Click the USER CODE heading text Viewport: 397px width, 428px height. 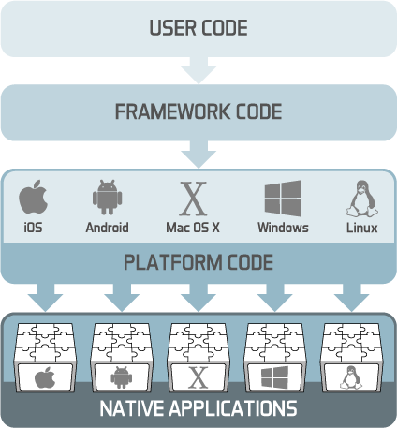(x=198, y=28)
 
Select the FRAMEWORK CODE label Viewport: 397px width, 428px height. (x=198, y=111)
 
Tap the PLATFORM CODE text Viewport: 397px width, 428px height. (x=198, y=262)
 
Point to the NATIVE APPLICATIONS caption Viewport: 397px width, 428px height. (x=198, y=408)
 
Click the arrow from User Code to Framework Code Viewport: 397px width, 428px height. (x=198, y=70)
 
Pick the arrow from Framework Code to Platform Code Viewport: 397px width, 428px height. (x=198, y=155)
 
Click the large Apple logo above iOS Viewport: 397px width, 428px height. (x=34, y=197)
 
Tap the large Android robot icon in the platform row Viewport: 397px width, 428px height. (x=107, y=198)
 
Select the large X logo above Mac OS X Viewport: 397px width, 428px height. (x=193, y=199)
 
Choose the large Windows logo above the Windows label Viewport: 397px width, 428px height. (x=283, y=199)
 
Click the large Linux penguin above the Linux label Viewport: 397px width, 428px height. (x=362, y=199)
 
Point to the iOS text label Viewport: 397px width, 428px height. (x=33, y=228)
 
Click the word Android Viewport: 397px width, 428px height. (x=107, y=228)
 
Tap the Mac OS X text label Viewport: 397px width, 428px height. (x=193, y=228)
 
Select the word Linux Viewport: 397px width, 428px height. (x=362, y=228)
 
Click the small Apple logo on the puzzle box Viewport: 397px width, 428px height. (x=45, y=377)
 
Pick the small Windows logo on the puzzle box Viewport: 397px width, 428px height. (x=274, y=377)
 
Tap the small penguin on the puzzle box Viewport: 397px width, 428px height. (x=351, y=377)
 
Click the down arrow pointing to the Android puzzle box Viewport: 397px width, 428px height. (x=122, y=298)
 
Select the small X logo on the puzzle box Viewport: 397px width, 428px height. (x=198, y=378)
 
